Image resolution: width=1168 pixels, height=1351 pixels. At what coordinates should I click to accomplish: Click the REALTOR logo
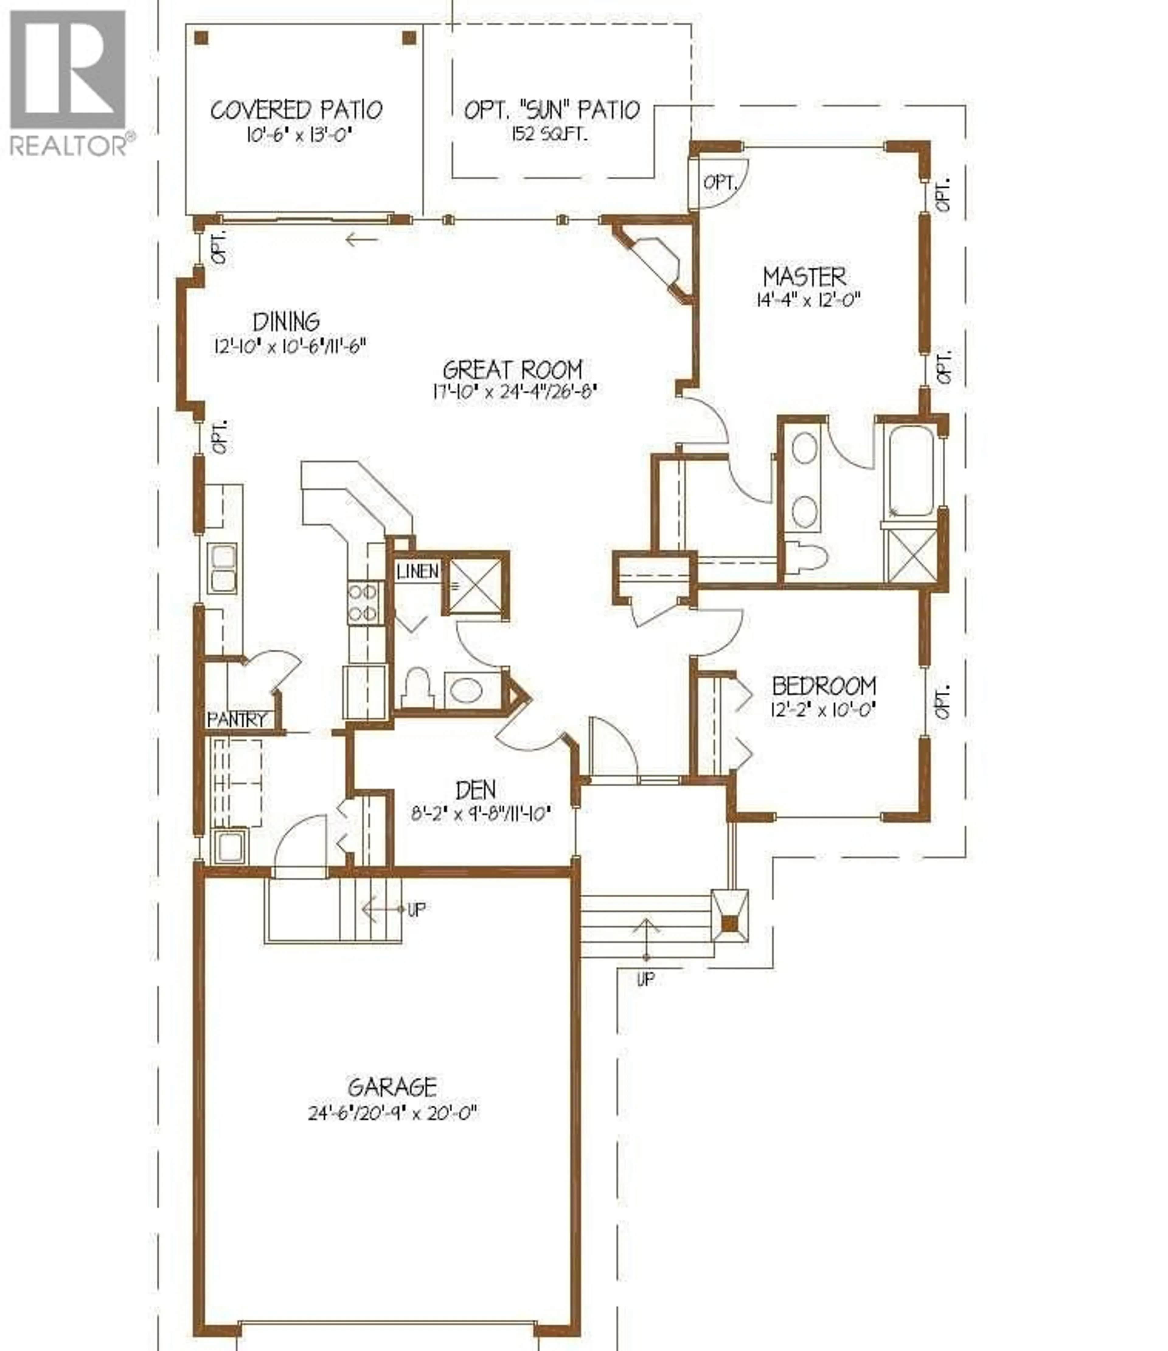tap(68, 81)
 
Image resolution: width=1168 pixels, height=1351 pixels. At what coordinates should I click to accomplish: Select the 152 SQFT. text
tap(550, 136)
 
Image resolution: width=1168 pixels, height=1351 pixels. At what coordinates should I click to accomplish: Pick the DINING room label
tap(286, 321)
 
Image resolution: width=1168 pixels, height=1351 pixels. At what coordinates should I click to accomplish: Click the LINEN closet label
tap(417, 572)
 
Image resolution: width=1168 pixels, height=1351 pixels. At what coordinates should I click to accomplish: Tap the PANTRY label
tap(237, 720)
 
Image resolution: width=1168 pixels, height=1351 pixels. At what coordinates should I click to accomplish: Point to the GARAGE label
tap(392, 1088)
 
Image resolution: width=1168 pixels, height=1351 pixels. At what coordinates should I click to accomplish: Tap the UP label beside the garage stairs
tap(417, 909)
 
